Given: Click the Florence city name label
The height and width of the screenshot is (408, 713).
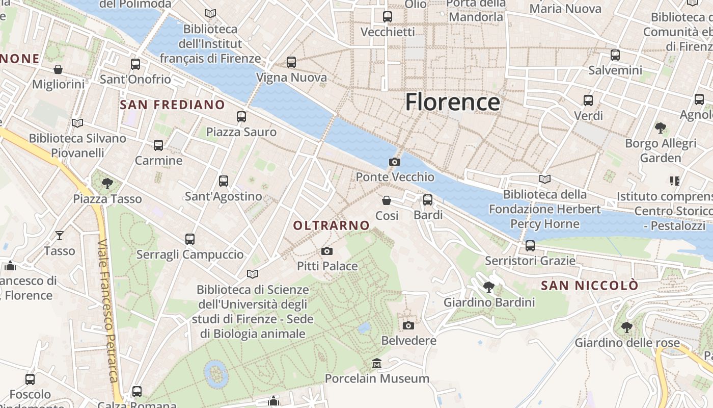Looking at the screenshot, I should point(452,102).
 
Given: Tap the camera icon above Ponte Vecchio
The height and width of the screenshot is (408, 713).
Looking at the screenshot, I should point(394,162).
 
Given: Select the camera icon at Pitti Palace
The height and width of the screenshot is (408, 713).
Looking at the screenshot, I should point(327,251).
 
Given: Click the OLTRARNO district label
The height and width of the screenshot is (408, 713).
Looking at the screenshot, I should point(332,225).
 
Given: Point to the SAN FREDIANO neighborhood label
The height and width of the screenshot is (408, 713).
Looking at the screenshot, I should point(172,105).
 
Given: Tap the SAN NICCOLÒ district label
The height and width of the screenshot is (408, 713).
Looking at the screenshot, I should point(589,286).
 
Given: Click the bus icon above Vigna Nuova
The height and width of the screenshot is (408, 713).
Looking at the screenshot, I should point(291,62).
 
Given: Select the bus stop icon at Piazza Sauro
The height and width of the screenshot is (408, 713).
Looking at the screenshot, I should point(241,117).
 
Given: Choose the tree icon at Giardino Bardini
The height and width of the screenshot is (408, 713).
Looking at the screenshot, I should point(489,287).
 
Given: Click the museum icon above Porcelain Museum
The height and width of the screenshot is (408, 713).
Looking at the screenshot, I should point(377,363).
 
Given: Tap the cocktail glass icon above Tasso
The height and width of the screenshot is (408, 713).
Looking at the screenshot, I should point(60,235).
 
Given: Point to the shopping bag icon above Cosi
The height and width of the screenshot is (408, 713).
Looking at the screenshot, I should point(387,200).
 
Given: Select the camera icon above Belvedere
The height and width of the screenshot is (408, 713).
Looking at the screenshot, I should point(408,325).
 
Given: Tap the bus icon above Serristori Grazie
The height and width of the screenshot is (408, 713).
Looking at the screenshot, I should point(530,246).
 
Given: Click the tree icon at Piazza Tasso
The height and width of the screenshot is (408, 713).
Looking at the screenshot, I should point(107,183).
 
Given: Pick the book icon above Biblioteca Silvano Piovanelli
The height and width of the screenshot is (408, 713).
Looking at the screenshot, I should point(77,123).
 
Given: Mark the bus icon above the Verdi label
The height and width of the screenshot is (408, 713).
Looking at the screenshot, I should point(588,100).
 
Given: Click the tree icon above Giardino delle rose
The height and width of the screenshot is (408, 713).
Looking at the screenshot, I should point(627,327).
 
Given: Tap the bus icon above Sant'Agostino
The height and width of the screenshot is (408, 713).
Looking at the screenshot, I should point(223,181).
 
